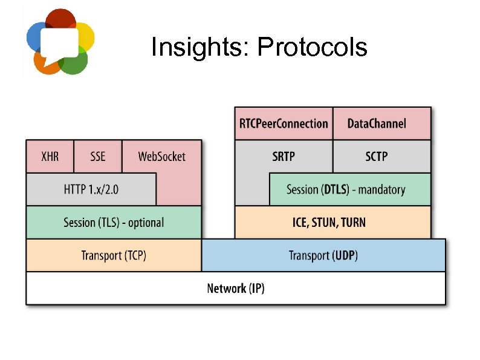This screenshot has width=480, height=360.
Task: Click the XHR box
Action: [50, 157]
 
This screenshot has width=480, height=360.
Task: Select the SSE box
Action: [97, 157]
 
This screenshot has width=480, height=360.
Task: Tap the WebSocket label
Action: [161, 157]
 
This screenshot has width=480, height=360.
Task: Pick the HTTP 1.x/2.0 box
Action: [91, 189]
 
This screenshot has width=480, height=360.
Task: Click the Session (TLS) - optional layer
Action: [114, 223]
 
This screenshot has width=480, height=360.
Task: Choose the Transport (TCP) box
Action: [114, 255]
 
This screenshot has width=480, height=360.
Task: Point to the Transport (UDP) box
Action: [323, 255]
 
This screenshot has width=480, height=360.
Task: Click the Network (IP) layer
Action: [236, 288]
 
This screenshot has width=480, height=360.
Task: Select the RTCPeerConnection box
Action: [284, 123]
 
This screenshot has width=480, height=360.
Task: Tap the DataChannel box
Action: [381, 123]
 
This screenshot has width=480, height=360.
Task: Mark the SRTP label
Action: [284, 157]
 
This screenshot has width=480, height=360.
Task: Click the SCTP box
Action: [381, 157]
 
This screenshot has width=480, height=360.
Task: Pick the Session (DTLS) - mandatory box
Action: [349, 189]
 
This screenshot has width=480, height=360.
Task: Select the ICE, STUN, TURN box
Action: [332, 222]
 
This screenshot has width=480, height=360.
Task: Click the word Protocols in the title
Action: [312, 47]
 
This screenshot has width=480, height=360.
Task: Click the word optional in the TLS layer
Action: [146, 223]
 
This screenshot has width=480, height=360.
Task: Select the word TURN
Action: [353, 222]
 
